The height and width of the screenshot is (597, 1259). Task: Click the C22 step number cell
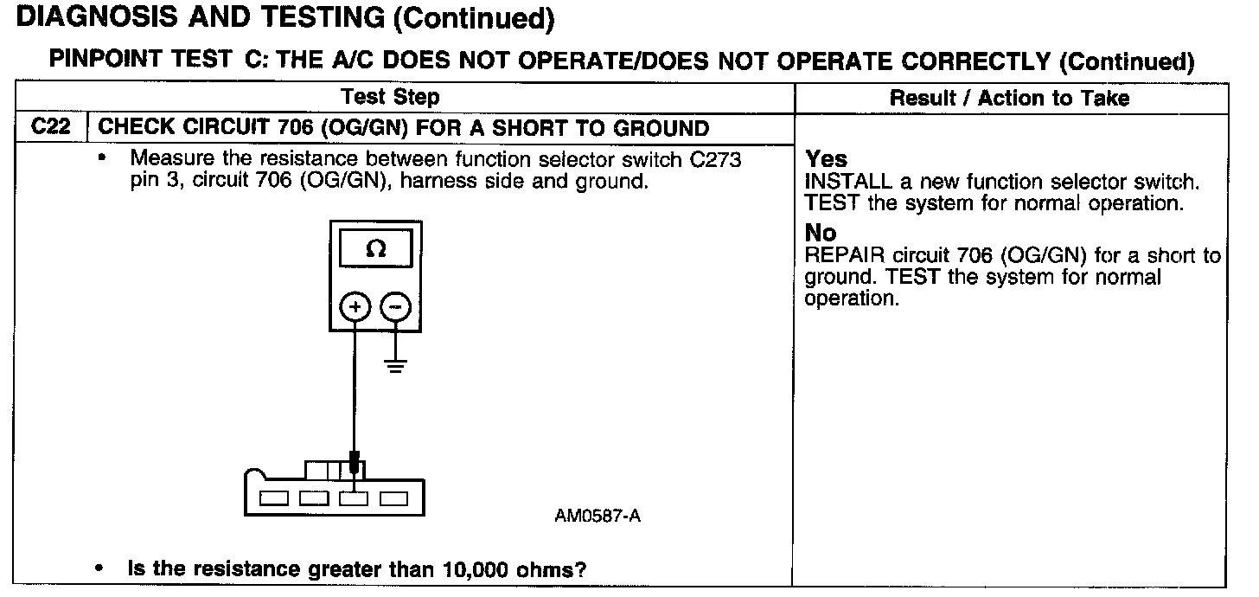(x=51, y=127)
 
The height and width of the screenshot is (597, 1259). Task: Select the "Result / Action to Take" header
(x=1009, y=98)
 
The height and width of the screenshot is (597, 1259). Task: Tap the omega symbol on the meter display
(x=375, y=249)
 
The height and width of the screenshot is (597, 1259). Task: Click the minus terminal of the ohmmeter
(x=395, y=308)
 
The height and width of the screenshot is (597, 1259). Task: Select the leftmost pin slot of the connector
(x=274, y=498)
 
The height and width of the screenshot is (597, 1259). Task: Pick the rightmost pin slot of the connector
(x=393, y=498)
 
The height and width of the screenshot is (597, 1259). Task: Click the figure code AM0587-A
(x=598, y=517)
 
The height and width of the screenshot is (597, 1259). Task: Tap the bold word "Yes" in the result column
(x=827, y=159)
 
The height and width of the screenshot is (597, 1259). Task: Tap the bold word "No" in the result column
(x=821, y=233)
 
